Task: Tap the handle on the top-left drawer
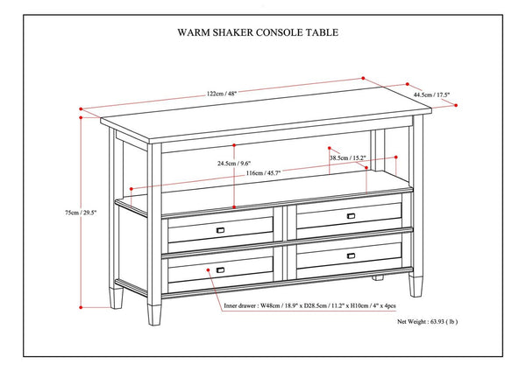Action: click(221, 229)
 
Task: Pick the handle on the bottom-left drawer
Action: click(220, 270)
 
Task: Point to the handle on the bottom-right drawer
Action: click(351, 255)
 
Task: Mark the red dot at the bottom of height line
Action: click(82, 307)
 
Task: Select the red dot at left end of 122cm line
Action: click(82, 110)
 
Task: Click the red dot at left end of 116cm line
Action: click(130, 188)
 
